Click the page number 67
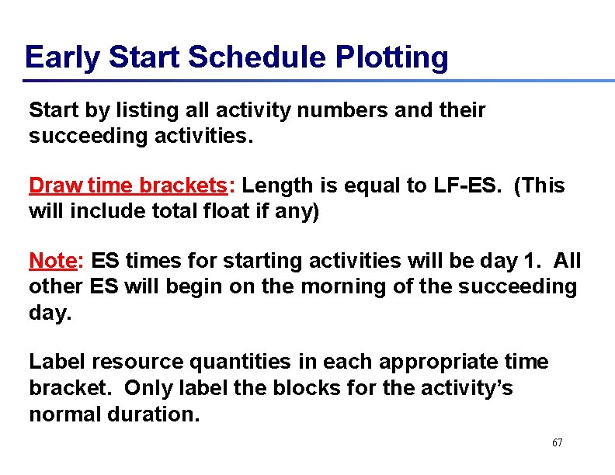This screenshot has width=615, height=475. coord(557,442)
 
